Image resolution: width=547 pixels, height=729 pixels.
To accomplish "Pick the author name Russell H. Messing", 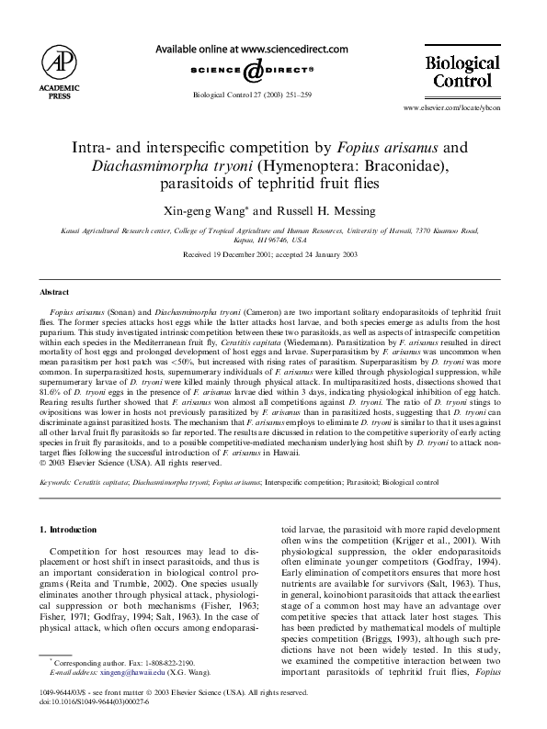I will (311, 210).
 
